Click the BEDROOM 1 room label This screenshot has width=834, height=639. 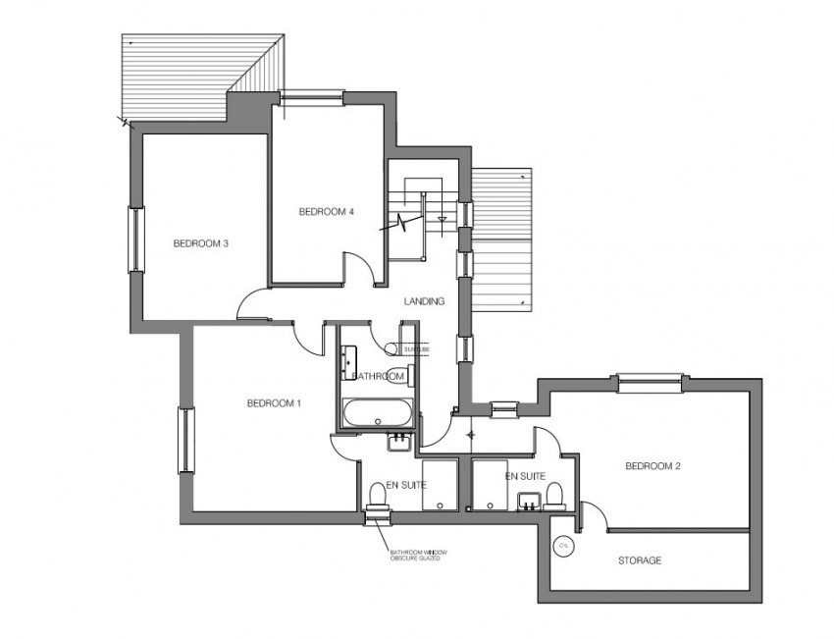click(274, 402)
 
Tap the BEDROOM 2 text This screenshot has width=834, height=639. click(652, 466)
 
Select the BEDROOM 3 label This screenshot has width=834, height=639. click(201, 243)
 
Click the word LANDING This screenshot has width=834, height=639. click(424, 301)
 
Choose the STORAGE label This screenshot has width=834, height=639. click(639, 560)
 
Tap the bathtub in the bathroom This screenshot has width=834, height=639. click(377, 413)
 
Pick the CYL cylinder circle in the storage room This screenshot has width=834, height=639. click(563, 546)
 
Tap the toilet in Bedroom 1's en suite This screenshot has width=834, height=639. click(377, 492)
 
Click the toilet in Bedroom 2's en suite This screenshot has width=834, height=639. click(554, 492)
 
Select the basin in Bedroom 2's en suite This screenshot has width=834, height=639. click(529, 503)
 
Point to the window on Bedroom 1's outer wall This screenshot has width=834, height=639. click(182, 441)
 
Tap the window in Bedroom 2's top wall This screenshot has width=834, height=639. click(649, 381)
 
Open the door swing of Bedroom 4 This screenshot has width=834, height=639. click(357, 267)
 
